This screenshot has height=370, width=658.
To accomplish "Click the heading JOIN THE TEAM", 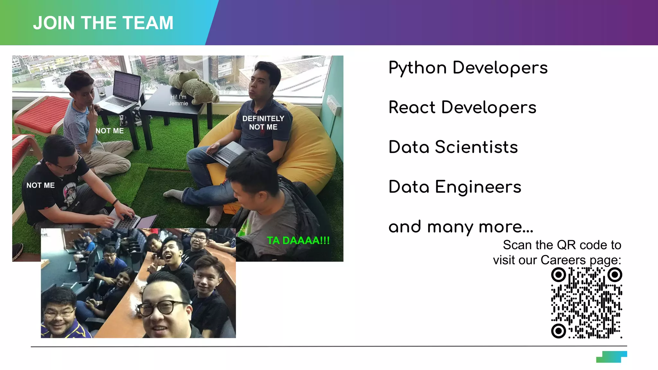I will pos(103,23).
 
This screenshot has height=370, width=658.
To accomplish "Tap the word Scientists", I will pos(476,147).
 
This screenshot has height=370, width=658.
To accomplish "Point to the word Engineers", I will pos(478,187).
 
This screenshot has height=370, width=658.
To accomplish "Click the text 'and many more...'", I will pos(461,227).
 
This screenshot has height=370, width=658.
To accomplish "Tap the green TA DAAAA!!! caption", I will pos(298,241).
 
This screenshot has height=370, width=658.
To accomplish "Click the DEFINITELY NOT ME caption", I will pos(263,123).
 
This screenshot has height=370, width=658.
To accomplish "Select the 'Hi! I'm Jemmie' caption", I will pos(178,100).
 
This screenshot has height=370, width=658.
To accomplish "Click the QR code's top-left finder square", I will pos(558,275).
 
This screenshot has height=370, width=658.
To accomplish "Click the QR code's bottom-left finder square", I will pos(558,330).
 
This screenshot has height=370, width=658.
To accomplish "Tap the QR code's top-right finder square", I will pos(615,275).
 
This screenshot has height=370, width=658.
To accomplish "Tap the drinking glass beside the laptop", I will pos(100,88).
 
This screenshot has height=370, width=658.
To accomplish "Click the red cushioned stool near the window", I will pos(42,112).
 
